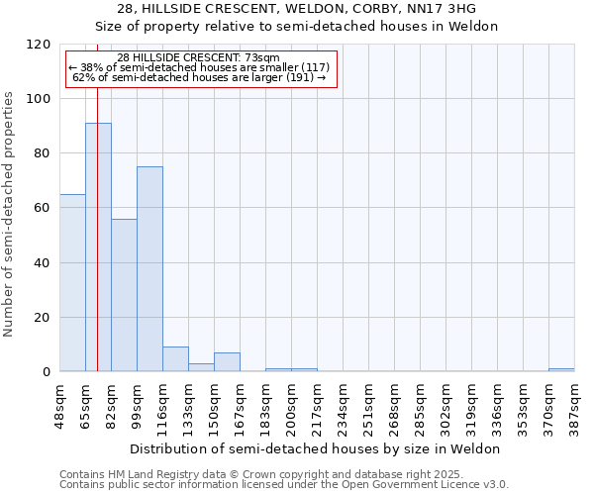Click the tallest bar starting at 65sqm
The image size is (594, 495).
[98, 247]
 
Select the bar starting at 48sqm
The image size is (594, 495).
[72, 283]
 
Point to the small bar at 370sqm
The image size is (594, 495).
[561, 370]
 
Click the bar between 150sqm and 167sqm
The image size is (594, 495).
[227, 362]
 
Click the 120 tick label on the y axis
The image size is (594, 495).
[39, 45]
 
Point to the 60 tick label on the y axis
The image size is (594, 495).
[43, 208]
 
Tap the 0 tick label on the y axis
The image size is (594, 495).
[47, 372]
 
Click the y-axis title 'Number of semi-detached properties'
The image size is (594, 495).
[10, 208]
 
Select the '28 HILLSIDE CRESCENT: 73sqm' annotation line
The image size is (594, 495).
[199, 58]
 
